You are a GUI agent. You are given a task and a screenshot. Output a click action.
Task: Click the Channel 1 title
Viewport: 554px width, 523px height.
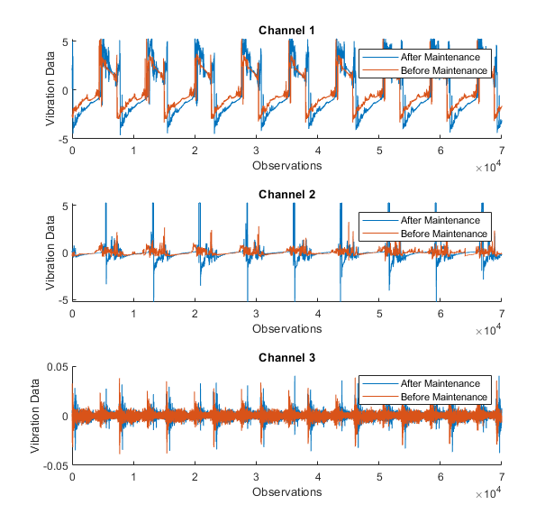point(286,31)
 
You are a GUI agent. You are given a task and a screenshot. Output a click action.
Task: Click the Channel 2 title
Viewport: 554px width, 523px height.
point(286,194)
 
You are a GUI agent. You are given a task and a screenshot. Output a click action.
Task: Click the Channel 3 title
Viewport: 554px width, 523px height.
point(286,358)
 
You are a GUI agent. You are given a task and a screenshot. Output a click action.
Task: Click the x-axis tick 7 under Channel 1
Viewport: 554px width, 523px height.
point(501,151)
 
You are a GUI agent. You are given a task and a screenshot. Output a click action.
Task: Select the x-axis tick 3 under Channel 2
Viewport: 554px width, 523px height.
point(256,314)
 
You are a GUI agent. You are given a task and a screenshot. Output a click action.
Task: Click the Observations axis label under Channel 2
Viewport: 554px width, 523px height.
point(286,328)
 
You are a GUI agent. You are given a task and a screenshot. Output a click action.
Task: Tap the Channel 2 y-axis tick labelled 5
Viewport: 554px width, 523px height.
point(64,205)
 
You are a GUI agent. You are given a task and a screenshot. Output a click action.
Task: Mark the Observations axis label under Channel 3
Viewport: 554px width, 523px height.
point(286,492)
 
